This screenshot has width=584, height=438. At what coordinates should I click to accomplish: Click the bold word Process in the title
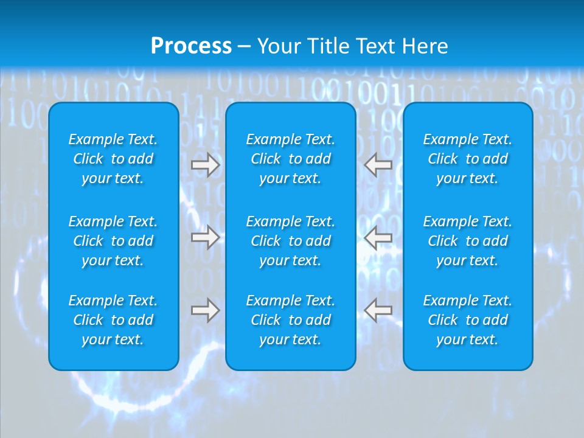(191, 46)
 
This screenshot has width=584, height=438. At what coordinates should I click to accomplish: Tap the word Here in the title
(424, 46)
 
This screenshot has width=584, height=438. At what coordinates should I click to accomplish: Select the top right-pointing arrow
(205, 164)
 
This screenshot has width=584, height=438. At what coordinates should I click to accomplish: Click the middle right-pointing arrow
(205, 237)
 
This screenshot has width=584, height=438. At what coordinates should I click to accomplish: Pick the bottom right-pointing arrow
(205, 310)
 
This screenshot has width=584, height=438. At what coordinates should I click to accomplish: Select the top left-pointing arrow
(378, 164)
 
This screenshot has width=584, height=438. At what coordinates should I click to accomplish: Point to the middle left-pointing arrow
(378, 237)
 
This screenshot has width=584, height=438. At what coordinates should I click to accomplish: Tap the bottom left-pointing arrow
(378, 310)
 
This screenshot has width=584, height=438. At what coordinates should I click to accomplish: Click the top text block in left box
(113, 159)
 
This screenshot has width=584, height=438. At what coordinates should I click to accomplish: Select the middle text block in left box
(113, 241)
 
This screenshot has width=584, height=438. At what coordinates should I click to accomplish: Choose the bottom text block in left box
(113, 320)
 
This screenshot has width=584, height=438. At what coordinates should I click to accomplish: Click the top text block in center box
(291, 159)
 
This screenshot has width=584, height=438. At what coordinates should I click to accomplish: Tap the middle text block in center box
(291, 241)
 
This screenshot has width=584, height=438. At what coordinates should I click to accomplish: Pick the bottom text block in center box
(291, 320)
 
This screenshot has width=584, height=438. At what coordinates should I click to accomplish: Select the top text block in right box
(468, 159)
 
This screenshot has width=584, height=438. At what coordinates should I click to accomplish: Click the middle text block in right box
(468, 241)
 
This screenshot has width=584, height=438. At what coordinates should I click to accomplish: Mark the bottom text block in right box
(468, 320)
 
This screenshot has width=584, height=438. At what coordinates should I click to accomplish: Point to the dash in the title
(244, 47)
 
